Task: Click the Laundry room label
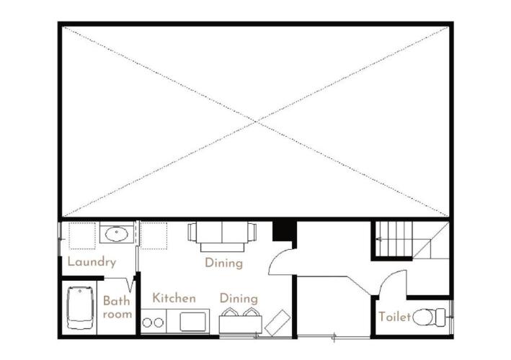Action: tap(92, 262)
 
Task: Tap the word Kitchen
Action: tap(174, 298)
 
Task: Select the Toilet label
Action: tap(394, 316)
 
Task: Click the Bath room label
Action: tap(117, 307)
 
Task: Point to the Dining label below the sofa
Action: tap(224, 263)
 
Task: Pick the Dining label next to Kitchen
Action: tap(239, 299)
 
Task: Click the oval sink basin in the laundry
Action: tap(116, 234)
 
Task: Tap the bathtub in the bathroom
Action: tap(80, 308)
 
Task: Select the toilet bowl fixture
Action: tap(429, 317)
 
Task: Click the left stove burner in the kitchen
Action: tap(147, 323)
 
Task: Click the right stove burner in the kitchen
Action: tap(159, 323)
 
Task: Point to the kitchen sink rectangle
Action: tap(193, 322)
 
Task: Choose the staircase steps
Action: tap(394, 238)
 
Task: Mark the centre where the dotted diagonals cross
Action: tap(256, 122)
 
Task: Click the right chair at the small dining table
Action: tap(251, 312)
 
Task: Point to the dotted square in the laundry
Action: tap(82, 235)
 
